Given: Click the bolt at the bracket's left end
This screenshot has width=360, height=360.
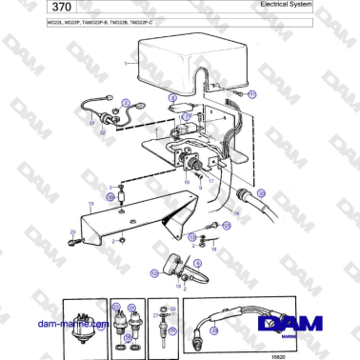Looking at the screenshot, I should point(71,234).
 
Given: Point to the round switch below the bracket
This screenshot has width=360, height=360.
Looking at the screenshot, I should point(176,264).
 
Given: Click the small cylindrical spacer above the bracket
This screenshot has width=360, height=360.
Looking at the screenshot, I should point(122,197).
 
